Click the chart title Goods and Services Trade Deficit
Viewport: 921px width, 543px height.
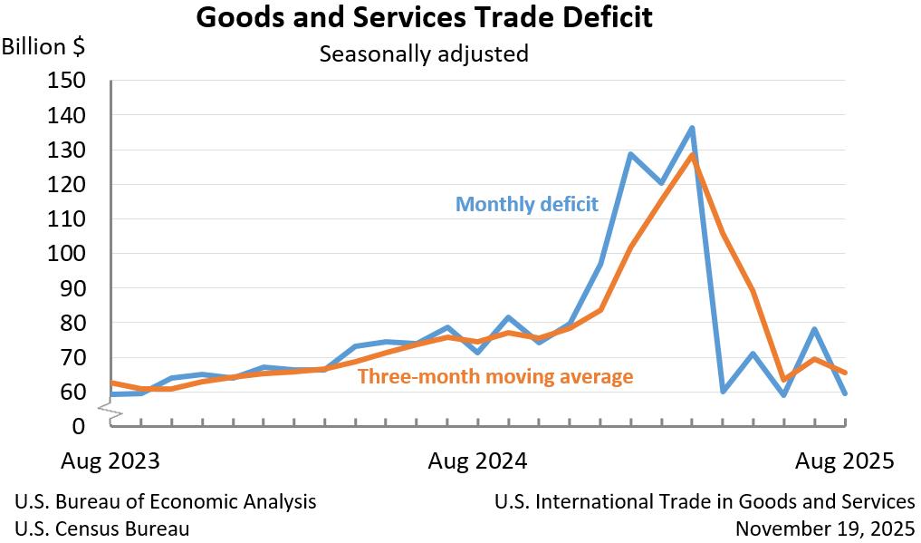(424, 18)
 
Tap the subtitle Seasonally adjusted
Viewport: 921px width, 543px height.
(423, 53)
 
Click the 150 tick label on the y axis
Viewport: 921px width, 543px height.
(65, 81)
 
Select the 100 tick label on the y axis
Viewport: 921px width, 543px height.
(65, 254)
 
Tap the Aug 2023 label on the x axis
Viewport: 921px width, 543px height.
(110, 461)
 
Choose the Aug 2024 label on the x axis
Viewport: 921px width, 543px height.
(476, 461)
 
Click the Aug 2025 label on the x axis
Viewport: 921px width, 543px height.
(844, 461)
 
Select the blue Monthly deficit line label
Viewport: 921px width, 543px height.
(526, 204)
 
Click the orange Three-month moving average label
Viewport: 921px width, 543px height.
(495, 375)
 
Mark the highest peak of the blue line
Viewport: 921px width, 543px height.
(692, 128)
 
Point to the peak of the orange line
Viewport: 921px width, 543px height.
(692, 155)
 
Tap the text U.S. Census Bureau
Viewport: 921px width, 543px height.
(102, 528)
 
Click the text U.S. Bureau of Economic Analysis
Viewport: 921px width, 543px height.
(166, 501)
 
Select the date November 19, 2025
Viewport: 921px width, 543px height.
(825, 528)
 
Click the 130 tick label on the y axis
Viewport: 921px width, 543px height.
(65, 150)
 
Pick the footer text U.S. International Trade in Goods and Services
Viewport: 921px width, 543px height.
(705, 501)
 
